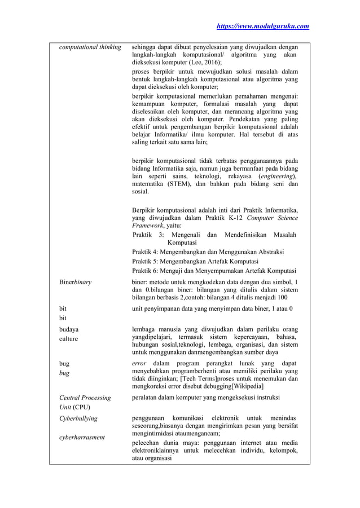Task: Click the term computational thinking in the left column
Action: (90, 47)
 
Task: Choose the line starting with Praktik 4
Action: (208, 251)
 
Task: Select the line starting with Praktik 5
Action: (195, 261)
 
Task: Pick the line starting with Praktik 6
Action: (214, 271)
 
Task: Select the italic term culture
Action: (70, 339)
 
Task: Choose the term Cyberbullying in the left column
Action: (78, 419)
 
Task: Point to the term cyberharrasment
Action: (82, 438)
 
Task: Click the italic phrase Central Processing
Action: (85, 397)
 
